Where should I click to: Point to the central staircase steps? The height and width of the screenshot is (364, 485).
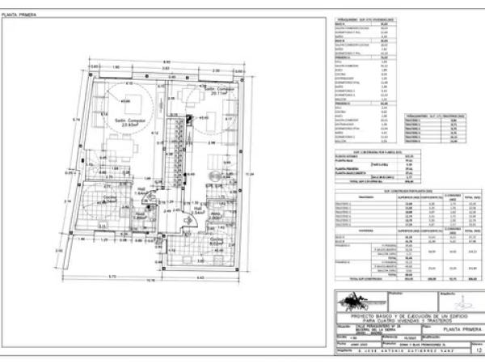pyautogui.click(x=174, y=154)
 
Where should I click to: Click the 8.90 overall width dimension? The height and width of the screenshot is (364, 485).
pyautogui.click(x=167, y=63)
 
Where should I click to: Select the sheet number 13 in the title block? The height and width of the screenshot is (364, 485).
pyautogui.click(x=478, y=352)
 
